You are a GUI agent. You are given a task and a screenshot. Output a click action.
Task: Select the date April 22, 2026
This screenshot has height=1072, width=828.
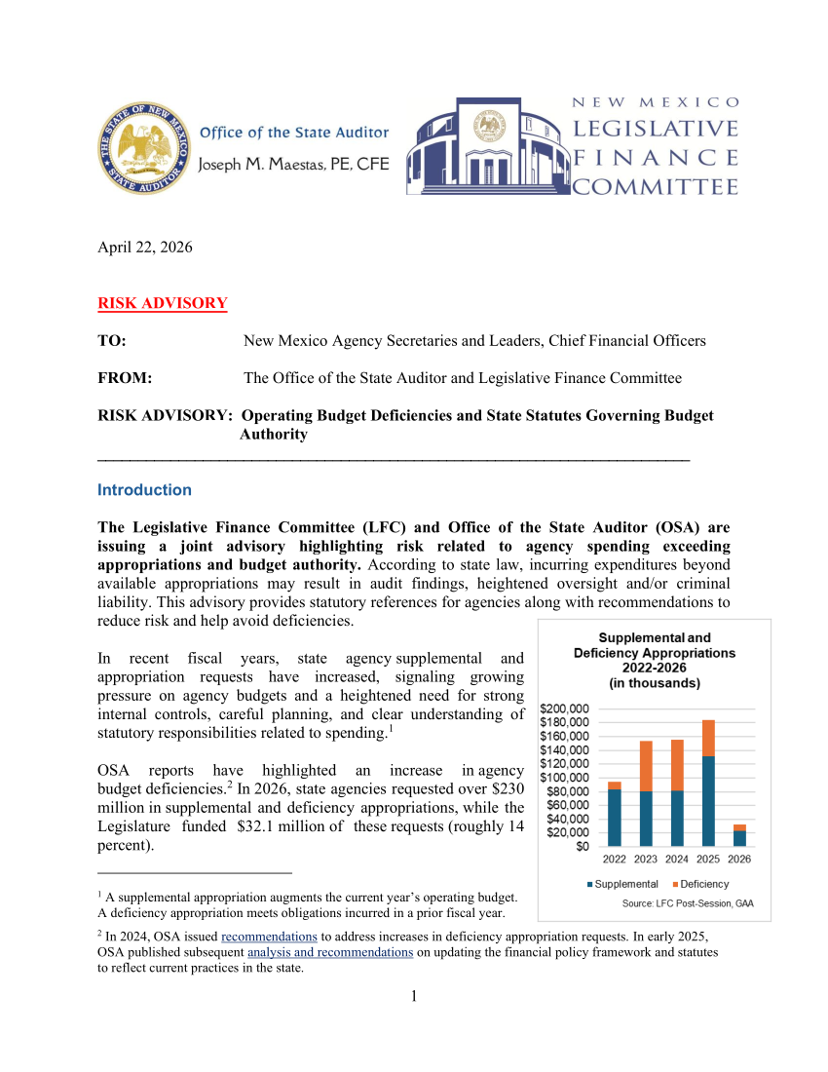[145, 247]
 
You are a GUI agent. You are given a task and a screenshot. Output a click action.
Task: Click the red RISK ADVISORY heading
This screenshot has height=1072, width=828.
[163, 303]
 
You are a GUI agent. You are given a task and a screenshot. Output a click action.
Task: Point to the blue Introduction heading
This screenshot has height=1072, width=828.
[145, 490]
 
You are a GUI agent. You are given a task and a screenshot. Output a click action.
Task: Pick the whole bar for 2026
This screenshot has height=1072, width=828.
[739, 835]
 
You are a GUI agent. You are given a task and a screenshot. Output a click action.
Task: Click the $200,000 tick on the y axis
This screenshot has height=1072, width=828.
[565, 708]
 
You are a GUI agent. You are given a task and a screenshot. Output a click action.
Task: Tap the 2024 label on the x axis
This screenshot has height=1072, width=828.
[677, 860]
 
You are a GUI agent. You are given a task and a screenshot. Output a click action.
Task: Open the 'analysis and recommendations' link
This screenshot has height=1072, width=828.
[330, 952]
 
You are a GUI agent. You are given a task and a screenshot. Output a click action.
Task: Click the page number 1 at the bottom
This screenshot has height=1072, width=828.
[414, 996]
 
